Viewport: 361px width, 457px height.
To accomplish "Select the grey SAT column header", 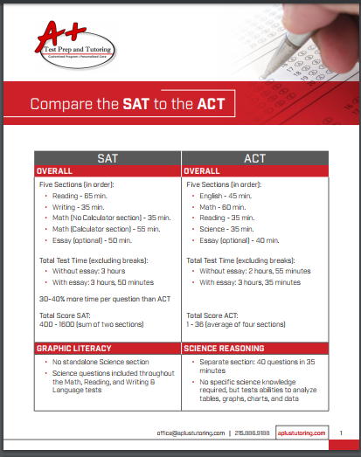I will [x=108, y=157].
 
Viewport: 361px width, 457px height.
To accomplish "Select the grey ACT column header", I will [x=254, y=157].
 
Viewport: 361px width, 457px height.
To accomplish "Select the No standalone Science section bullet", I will [x=100, y=361].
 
